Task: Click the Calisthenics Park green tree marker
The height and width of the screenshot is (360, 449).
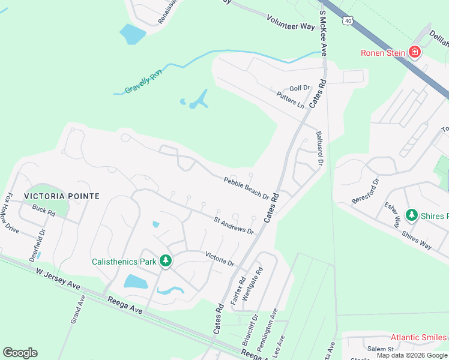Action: [x=166, y=261]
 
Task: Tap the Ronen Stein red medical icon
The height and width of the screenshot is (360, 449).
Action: [x=414, y=53]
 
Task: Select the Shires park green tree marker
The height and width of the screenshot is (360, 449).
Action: [x=411, y=215]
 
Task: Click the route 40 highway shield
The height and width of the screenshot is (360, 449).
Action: [x=348, y=21]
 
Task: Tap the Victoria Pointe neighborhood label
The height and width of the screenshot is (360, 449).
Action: [x=61, y=196]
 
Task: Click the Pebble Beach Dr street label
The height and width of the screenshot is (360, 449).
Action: [x=246, y=185]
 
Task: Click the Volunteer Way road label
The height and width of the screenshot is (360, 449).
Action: [x=291, y=23]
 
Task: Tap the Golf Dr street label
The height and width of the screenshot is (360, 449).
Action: [x=299, y=88]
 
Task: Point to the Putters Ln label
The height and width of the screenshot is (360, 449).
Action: [x=291, y=100]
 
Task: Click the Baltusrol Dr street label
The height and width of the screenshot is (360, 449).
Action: [x=319, y=149]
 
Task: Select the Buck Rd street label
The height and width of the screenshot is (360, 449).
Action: [x=44, y=211]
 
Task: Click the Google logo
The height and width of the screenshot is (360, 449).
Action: [x=20, y=353]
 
